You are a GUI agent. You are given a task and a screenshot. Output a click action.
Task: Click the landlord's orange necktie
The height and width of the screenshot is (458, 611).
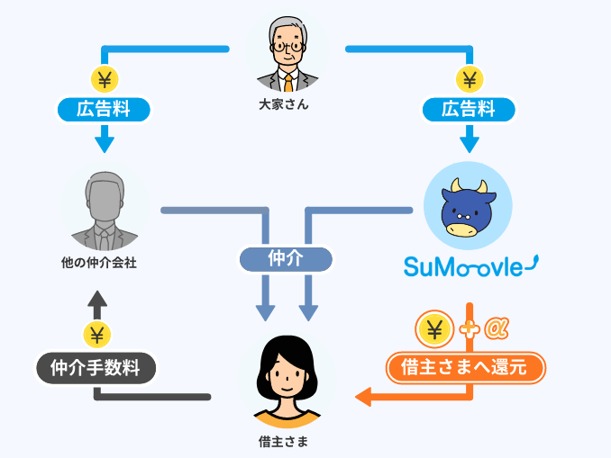287,82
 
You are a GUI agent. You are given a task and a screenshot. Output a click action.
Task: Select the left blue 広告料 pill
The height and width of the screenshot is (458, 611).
104,110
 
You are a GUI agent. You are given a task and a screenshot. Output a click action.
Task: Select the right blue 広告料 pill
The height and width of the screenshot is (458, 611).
469,110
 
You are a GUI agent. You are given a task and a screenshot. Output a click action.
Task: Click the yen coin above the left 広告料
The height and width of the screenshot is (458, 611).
104,78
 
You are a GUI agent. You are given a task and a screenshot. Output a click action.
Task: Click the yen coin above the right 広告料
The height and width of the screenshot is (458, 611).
469,78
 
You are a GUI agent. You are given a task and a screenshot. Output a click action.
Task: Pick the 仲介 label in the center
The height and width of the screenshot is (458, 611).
286,259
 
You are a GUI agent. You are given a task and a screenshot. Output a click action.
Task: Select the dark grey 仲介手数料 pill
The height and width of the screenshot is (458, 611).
96,367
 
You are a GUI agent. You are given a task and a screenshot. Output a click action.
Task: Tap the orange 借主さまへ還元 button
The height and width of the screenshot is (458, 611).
466,367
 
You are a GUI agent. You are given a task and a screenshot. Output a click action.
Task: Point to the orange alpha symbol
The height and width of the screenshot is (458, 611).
497,329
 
